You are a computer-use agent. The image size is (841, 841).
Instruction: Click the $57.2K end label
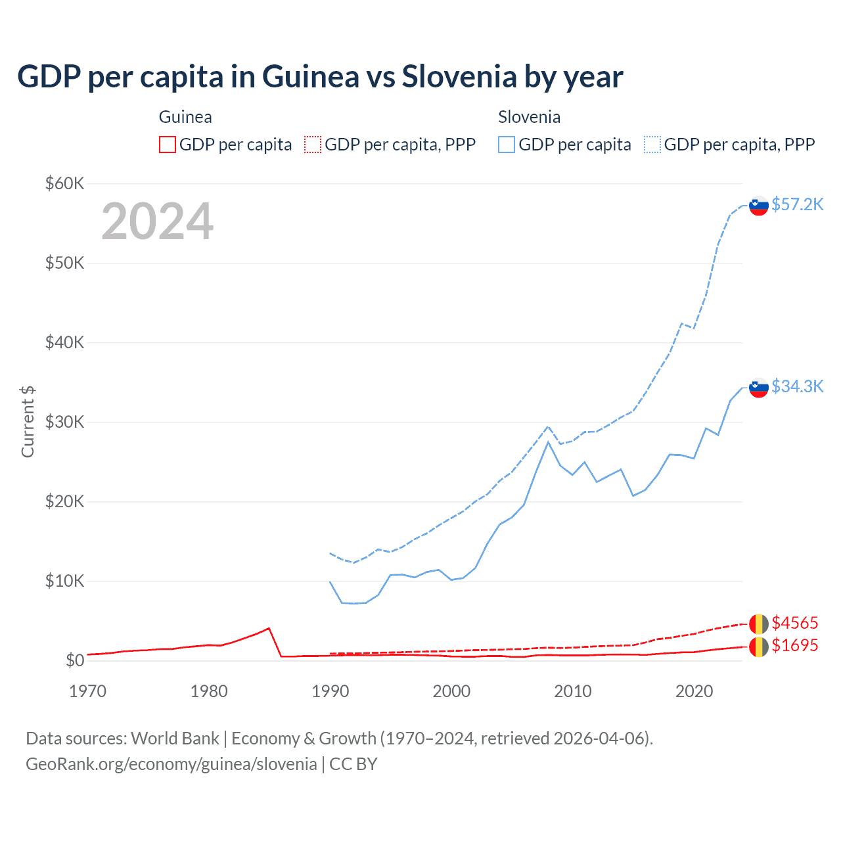[x=797, y=204]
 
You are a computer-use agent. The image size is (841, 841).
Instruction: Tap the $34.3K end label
[x=797, y=386]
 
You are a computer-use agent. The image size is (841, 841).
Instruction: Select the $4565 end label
[x=794, y=623]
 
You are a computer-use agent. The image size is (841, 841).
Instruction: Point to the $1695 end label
[x=794, y=645]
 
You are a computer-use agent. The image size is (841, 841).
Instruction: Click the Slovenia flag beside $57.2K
[x=759, y=206]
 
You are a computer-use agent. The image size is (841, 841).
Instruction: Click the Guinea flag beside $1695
[x=759, y=647]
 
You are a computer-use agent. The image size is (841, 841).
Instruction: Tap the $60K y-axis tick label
[x=64, y=183]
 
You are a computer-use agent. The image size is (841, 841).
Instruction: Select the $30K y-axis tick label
[x=64, y=422]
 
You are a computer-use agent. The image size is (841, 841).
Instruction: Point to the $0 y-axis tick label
[x=74, y=660]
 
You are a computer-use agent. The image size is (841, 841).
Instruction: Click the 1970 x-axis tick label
[x=87, y=691]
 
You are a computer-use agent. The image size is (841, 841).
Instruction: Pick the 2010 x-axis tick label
[x=572, y=691]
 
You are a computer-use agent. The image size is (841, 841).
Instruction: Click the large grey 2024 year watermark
[x=157, y=221]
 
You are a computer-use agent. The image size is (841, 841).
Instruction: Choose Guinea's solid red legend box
[x=168, y=145]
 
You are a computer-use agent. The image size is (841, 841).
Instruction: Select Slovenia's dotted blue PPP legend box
[x=652, y=145]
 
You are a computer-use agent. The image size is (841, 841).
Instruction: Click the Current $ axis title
[x=28, y=422]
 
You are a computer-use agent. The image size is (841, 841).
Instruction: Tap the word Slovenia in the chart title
[x=459, y=77]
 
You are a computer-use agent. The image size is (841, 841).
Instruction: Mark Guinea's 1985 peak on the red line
[x=269, y=628]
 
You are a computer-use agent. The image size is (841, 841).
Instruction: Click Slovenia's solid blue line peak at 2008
[x=548, y=442]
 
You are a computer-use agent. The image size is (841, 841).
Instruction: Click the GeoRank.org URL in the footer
[x=171, y=764]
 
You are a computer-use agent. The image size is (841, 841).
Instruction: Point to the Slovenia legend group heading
[x=529, y=117]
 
